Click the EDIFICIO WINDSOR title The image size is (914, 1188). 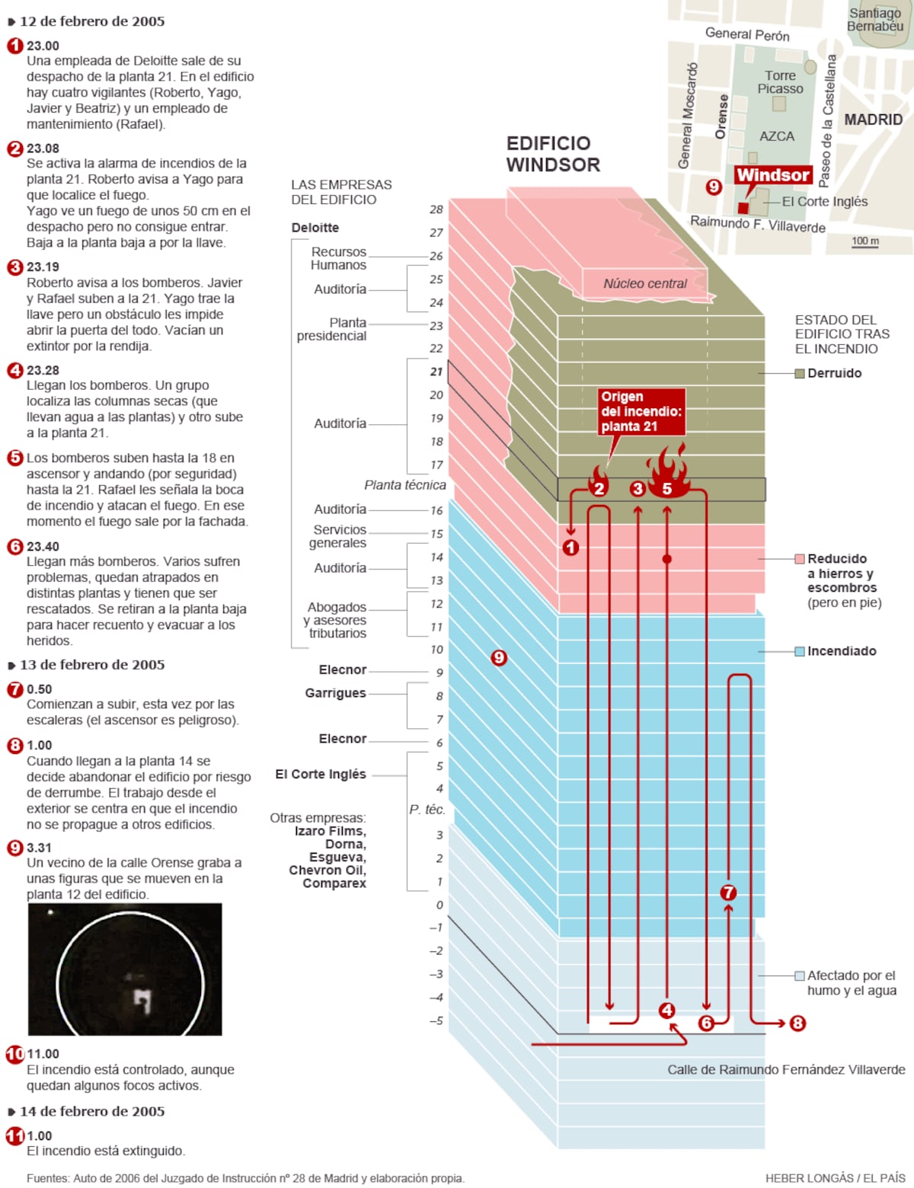[553, 154]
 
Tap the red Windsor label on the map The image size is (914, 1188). [772, 175]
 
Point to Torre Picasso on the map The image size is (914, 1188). [780, 82]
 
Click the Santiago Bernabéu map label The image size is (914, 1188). [875, 20]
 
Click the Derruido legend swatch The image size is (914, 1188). [800, 373]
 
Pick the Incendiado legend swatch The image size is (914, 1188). [800, 651]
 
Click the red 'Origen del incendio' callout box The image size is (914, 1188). [641, 411]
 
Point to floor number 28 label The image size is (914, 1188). [436, 209]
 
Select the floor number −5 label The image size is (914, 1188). [435, 1020]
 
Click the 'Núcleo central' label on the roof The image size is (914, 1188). [645, 284]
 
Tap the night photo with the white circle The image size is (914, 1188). [125, 969]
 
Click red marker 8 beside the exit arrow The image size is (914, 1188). [797, 1023]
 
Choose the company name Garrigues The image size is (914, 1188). [335, 693]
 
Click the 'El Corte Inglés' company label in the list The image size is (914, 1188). [321, 774]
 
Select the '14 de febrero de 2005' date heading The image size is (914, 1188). [91, 1111]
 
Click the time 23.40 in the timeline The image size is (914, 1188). [43, 546]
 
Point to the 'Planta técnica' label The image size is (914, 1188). [404, 485]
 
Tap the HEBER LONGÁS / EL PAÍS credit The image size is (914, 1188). [835, 1178]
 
